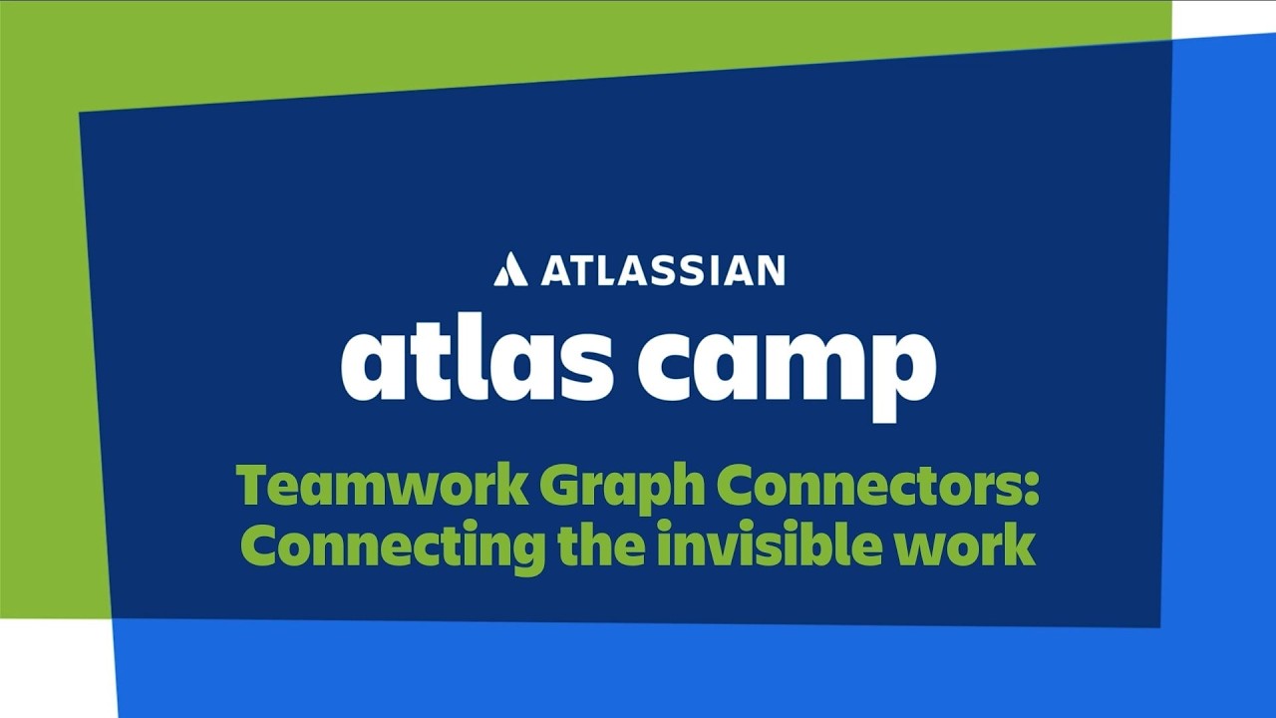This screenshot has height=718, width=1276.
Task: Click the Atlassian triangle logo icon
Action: (510, 269)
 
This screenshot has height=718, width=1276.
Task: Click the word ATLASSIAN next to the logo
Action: (663, 270)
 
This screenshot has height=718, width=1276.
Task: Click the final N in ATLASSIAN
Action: (769, 270)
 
